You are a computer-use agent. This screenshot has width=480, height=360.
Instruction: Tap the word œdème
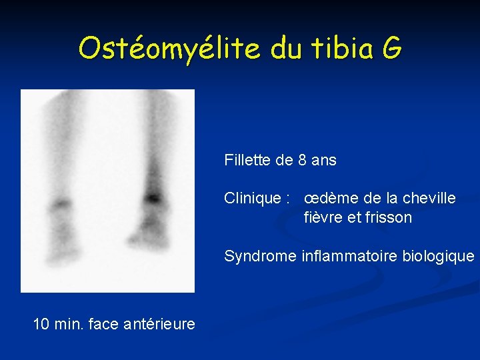click(x=329, y=198)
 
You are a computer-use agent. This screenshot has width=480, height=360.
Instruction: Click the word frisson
click(x=389, y=217)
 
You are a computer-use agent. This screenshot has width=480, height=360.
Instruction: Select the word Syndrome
click(x=261, y=256)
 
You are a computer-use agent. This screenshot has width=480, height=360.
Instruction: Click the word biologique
click(x=438, y=256)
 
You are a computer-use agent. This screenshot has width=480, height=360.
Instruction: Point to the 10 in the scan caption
click(x=41, y=324)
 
